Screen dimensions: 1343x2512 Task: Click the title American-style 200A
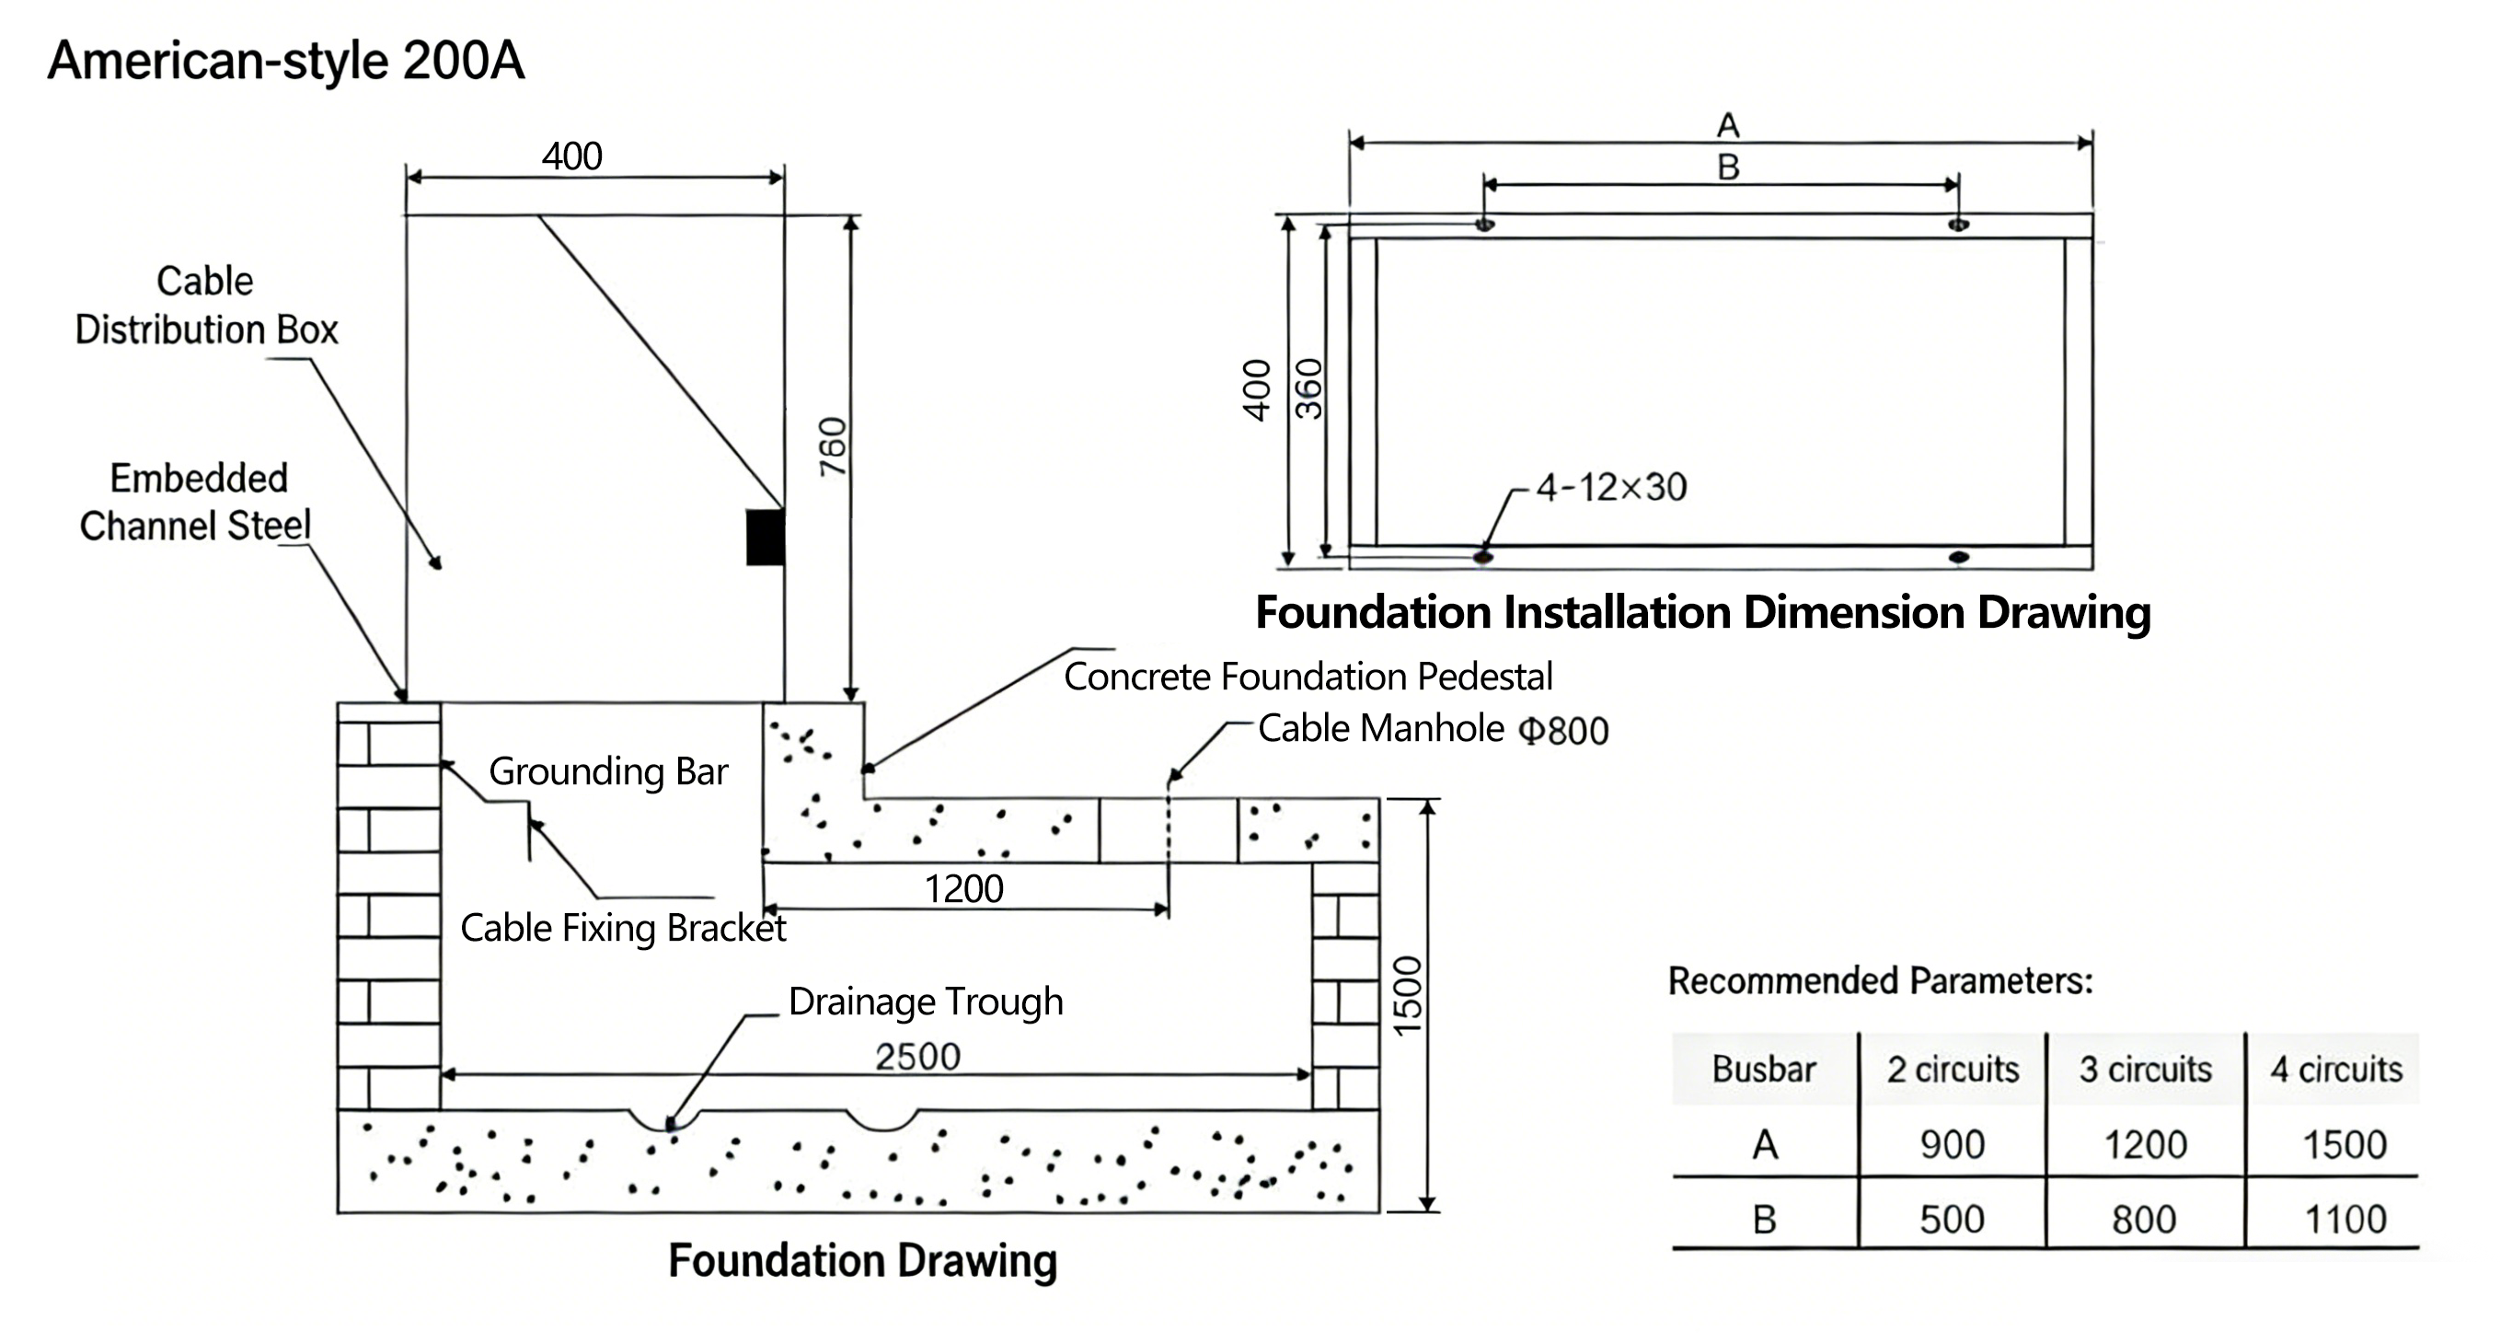[x=286, y=61]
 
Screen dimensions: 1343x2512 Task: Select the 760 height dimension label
[x=833, y=446]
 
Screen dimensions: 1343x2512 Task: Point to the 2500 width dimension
[x=917, y=1056]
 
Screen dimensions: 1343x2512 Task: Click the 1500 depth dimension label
[x=1409, y=996]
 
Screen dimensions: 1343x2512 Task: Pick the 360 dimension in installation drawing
[x=1308, y=388]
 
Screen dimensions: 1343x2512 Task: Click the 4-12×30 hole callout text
[x=1611, y=487]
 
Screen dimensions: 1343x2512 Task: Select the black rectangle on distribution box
[x=766, y=537]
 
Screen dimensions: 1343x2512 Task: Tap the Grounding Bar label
[x=607, y=771]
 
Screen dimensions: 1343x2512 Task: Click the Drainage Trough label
[x=926, y=1001]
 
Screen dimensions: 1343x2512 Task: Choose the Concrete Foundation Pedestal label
[x=1308, y=676]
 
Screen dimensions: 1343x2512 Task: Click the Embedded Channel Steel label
[x=196, y=503]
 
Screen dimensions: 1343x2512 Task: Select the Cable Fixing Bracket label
[x=623, y=928]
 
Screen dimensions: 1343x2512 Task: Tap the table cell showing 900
[x=1953, y=1144]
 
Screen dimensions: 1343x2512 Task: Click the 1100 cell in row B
[x=2345, y=1219]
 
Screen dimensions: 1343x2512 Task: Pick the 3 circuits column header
[x=2146, y=1069]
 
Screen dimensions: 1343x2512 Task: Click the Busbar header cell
[x=1764, y=1069]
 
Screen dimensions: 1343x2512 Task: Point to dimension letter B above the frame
[x=1728, y=168]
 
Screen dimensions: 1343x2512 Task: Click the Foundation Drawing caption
[x=862, y=1260]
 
